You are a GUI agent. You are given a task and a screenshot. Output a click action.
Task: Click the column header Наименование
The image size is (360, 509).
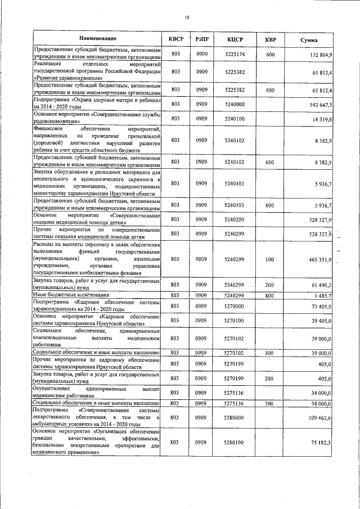[97, 39]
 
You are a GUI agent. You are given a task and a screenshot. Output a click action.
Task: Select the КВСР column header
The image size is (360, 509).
[176, 39]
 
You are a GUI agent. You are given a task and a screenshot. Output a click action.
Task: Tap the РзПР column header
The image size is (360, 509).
[202, 39]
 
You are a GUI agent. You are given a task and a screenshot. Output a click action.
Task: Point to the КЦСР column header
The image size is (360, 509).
[235, 39]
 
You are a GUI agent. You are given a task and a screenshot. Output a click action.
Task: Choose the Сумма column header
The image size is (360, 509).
[308, 40]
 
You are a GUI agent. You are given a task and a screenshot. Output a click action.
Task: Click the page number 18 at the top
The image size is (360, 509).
[187, 17]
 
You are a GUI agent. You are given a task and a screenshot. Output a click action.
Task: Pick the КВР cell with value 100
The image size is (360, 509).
[270, 259]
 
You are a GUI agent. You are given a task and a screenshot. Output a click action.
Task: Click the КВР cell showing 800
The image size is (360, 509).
[270, 295]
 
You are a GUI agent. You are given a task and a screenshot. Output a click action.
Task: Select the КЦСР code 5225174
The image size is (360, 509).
[235, 54]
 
